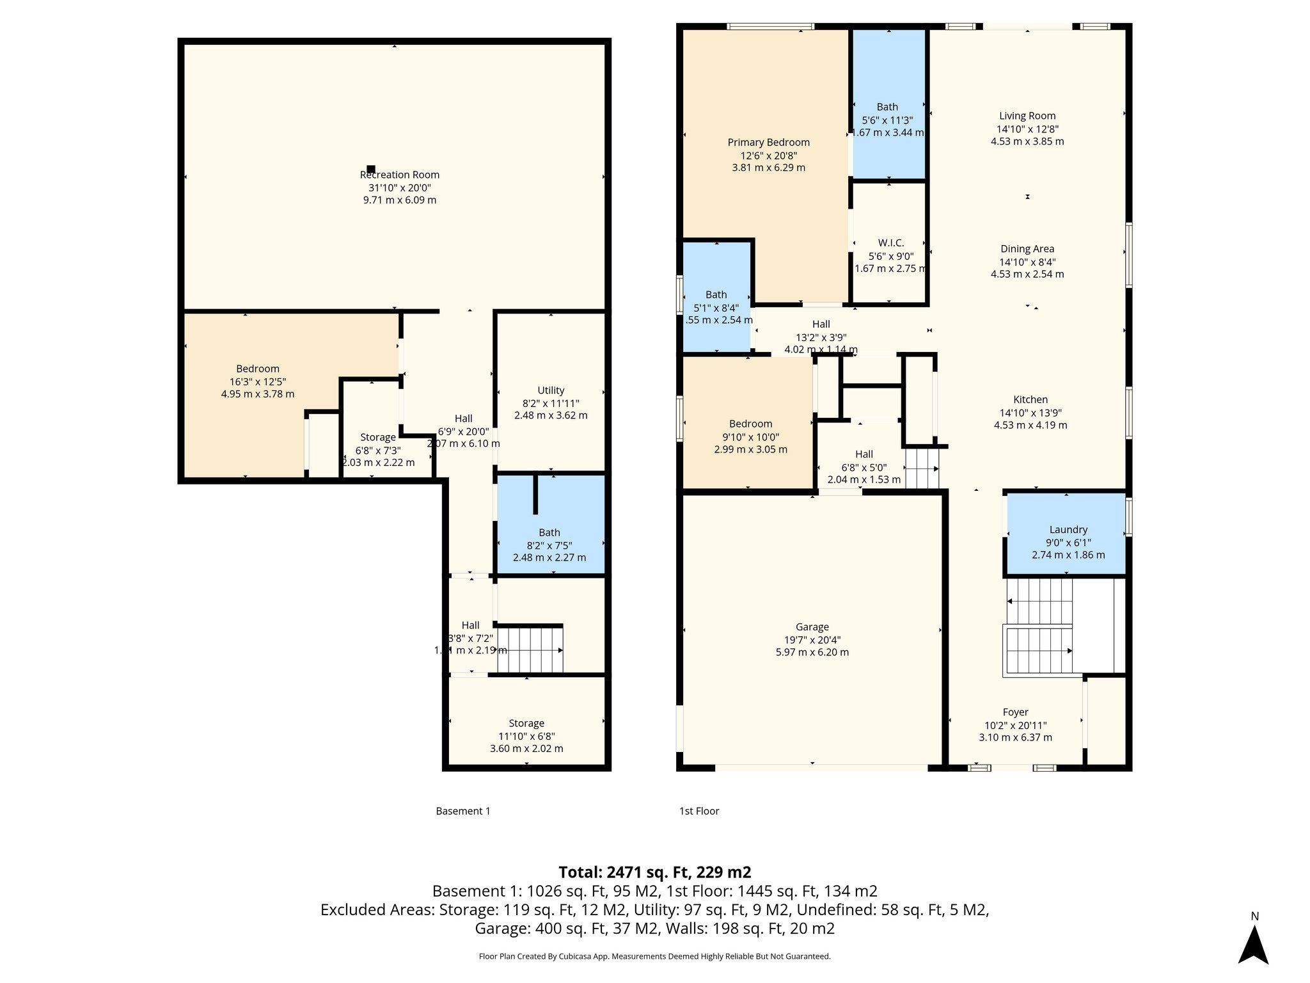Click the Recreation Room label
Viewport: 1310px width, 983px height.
click(x=400, y=175)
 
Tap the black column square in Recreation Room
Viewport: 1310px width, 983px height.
click(x=371, y=169)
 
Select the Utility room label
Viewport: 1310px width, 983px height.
click(x=551, y=390)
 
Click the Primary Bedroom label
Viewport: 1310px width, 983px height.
click(x=768, y=142)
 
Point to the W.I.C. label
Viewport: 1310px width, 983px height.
click(x=890, y=243)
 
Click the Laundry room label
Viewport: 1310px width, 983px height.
click(x=1068, y=530)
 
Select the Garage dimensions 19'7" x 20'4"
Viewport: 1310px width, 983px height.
click(x=812, y=640)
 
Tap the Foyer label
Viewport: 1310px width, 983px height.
click(x=1015, y=712)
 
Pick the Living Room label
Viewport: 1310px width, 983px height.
click(x=1027, y=116)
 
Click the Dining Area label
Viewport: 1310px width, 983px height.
click(x=1027, y=249)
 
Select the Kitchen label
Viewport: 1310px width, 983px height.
click(x=1030, y=399)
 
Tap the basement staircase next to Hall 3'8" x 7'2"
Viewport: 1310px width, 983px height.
click(x=530, y=650)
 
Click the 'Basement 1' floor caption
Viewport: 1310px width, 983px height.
click(x=462, y=811)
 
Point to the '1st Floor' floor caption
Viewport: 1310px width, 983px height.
click(x=699, y=811)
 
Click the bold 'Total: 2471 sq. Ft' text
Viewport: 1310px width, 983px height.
click(x=654, y=872)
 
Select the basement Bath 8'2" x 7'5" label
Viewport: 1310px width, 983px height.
click(x=549, y=532)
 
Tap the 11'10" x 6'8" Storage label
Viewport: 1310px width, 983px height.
click(x=526, y=723)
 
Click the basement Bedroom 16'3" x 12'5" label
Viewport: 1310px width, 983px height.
click(x=258, y=369)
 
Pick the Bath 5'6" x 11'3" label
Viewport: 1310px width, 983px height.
click(x=887, y=107)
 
